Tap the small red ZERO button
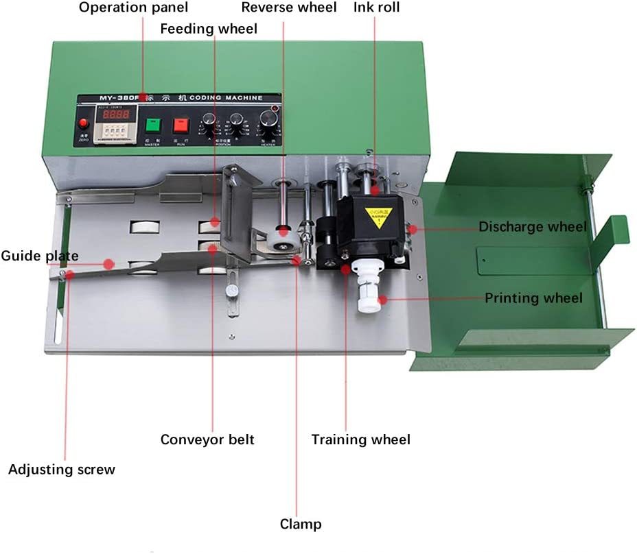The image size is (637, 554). (x=84, y=125)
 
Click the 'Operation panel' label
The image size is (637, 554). (x=133, y=8)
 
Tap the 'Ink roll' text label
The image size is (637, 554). (x=376, y=8)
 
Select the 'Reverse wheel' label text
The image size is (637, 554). (x=289, y=8)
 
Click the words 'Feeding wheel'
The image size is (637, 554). (x=209, y=28)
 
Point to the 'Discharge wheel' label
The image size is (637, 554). (x=533, y=227)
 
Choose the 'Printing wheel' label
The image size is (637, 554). (x=533, y=298)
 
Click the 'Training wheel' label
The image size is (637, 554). (x=360, y=439)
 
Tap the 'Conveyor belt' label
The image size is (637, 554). (x=207, y=439)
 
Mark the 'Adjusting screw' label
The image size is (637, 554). (x=62, y=470)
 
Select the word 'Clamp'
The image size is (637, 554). (x=301, y=525)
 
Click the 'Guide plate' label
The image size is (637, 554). (x=39, y=256)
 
